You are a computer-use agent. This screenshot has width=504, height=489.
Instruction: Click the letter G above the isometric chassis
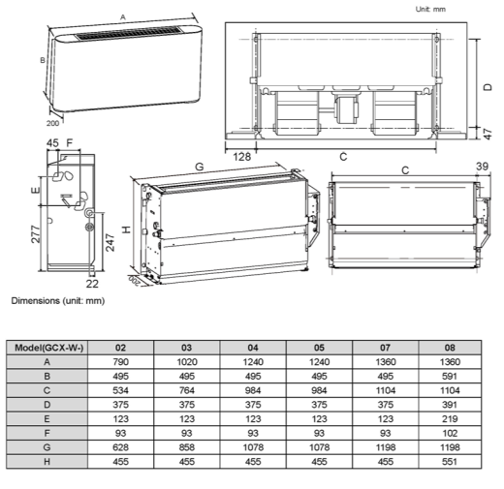point(200,168)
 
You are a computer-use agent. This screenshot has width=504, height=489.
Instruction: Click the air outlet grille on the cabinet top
point(120,38)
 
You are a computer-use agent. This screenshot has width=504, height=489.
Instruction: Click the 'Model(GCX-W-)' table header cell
point(57,346)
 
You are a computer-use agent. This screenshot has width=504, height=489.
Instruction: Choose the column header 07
point(383,346)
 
